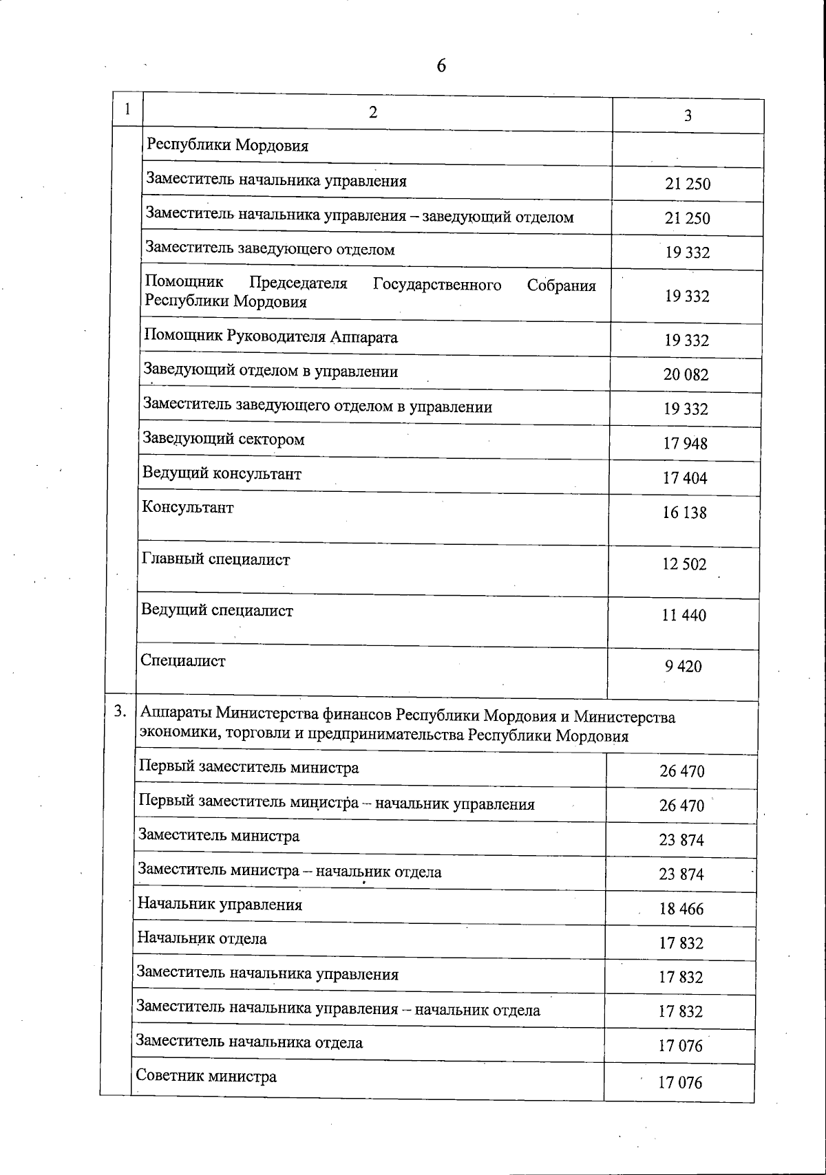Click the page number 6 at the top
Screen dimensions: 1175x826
(x=441, y=66)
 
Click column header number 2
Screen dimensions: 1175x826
(x=373, y=112)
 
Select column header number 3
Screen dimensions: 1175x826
(x=688, y=116)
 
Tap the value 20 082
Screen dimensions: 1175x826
(x=686, y=375)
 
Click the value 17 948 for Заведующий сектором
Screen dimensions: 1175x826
(x=685, y=444)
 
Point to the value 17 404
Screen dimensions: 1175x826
(x=685, y=478)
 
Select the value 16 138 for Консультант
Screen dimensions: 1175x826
(x=684, y=513)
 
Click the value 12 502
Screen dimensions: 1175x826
(x=684, y=565)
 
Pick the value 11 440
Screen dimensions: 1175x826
(x=684, y=616)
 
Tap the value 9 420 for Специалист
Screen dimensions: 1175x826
(x=684, y=667)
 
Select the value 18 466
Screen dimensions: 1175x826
(x=681, y=909)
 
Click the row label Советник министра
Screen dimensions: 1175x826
(x=206, y=1076)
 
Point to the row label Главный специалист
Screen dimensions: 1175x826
(x=215, y=559)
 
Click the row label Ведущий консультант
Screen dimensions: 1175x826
(x=222, y=473)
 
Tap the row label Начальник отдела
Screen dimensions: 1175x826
(x=202, y=938)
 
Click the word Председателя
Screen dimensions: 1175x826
(x=298, y=283)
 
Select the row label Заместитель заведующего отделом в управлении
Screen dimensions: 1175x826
(x=317, y=406)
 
